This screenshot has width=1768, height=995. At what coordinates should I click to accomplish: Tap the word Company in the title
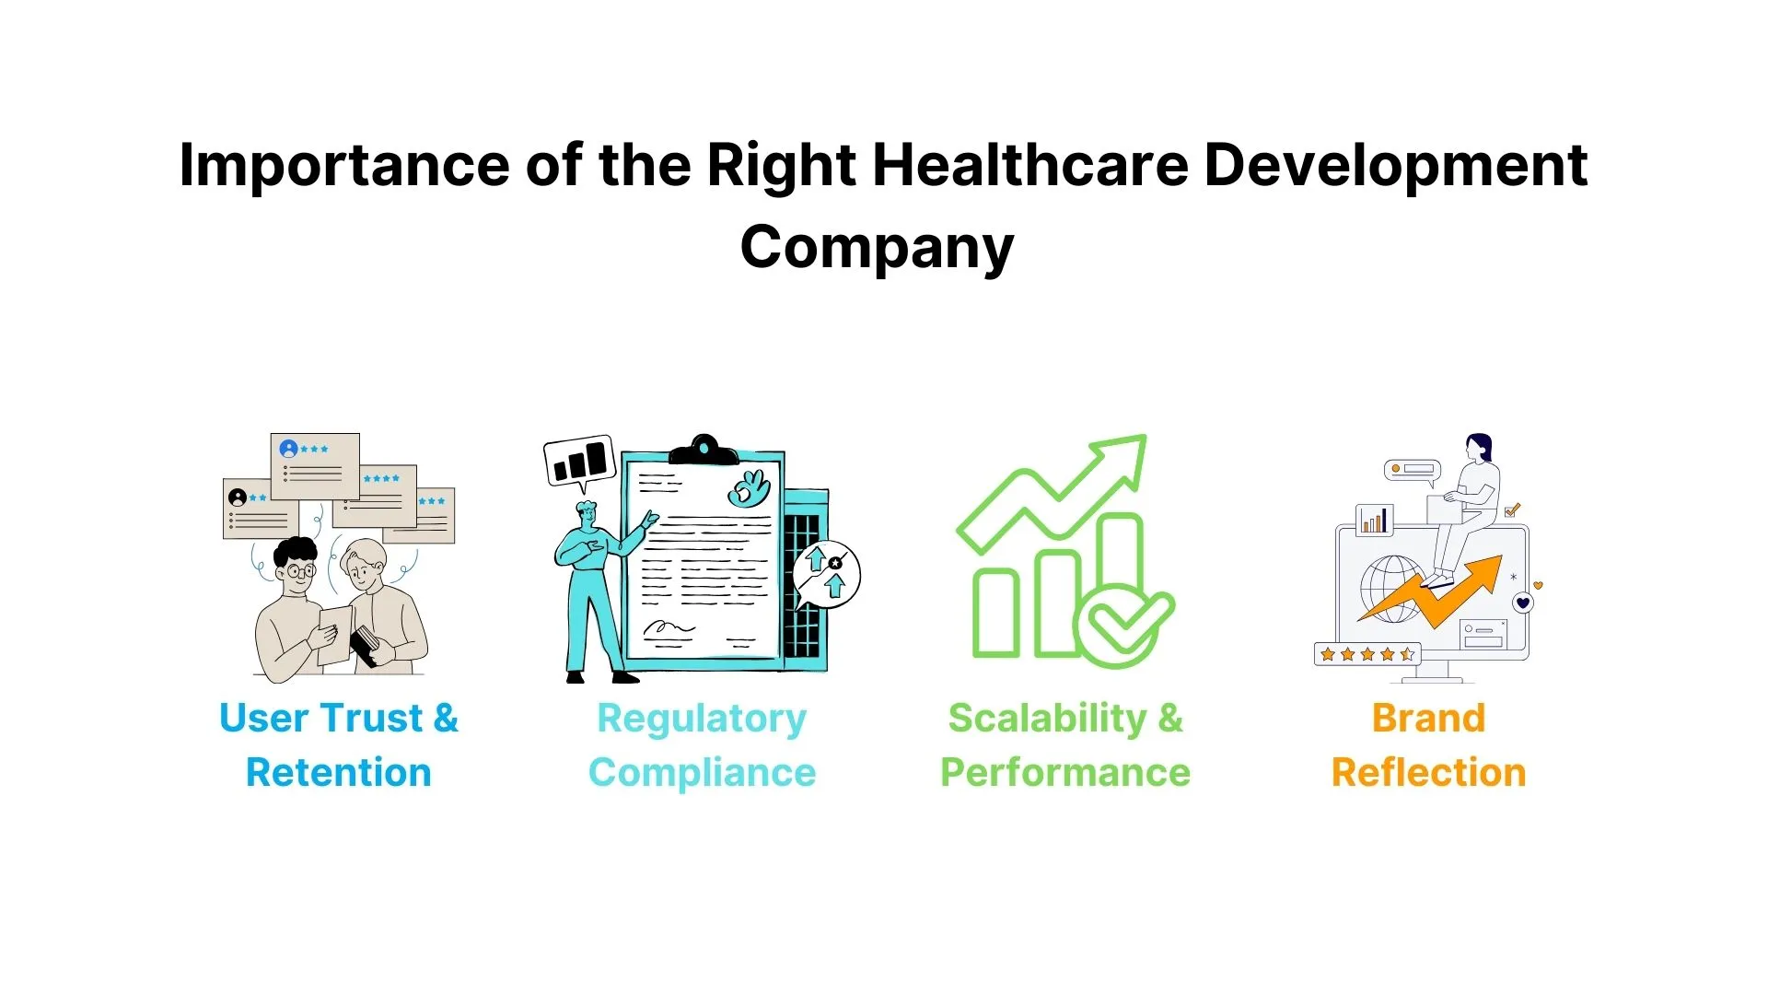877,249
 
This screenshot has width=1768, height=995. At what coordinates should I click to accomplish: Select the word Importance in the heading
343,166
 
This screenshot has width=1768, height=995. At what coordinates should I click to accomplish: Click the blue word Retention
338,772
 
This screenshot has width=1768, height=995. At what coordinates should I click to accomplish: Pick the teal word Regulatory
702,719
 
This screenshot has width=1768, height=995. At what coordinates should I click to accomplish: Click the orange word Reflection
1428,772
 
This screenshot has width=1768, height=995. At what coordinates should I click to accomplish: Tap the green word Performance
1065,772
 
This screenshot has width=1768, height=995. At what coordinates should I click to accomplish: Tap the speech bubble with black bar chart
580,460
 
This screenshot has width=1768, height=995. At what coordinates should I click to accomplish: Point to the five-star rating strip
1367,654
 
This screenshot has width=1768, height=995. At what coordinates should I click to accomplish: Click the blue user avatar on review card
288,449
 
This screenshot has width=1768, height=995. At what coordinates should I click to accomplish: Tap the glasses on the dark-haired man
299,571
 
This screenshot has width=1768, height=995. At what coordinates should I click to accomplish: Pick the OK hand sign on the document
749,488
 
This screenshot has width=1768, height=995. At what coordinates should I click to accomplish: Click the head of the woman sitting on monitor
1479,449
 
